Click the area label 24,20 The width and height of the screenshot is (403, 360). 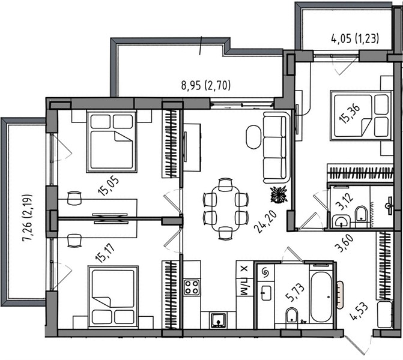(265, 222)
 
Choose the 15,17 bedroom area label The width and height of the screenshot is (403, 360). (105, 254)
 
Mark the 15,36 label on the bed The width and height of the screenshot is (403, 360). (350, 114)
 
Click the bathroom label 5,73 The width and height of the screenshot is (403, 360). (295, 293)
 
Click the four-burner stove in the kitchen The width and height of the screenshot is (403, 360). (192, 287)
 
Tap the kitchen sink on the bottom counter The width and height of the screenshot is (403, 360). (218, 320)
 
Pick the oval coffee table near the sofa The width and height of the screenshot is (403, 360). (253, 137)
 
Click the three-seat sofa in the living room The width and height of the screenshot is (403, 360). (276, 148)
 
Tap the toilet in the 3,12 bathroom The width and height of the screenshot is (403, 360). (361, 213)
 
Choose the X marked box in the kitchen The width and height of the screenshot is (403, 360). (244, 269)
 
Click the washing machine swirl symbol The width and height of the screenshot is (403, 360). (264, 272)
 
